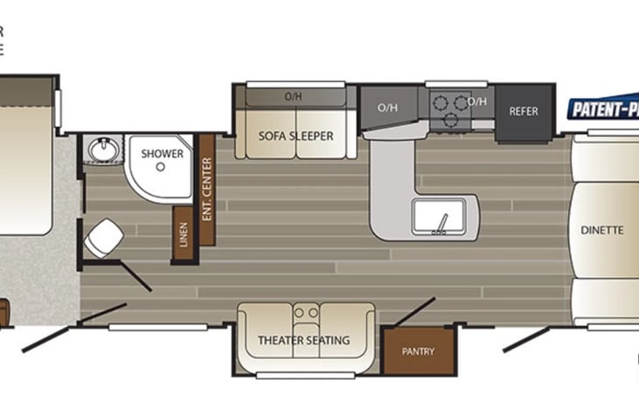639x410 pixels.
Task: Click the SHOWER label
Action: pos(163,154)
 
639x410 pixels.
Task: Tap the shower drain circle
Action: pos(161,166)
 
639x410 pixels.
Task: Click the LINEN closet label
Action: pos(184,234)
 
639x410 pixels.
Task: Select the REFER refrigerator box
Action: pos(523,112)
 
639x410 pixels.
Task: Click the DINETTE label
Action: pos(601,231)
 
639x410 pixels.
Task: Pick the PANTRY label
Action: pos(419,351)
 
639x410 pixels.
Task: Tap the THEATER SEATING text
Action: pos(303,340)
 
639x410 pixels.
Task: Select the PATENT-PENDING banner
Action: pos(603,109)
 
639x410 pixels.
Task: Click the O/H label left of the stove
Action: pos(387,108)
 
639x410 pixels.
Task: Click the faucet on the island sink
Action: pos(444,225)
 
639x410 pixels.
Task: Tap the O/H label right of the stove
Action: pos(477,102)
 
